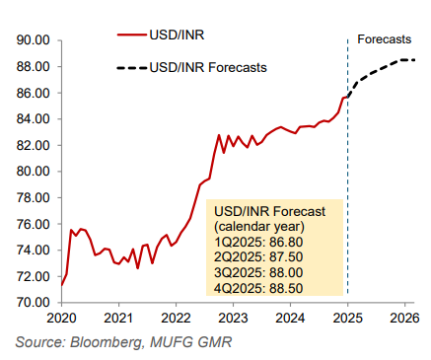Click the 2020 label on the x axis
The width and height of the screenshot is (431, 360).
(x=61, y=319)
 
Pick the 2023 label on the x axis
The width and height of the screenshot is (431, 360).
(x=233, y=319)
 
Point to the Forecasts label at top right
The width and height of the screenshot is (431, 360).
(x=385, y=39)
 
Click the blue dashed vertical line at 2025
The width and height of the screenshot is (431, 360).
(x=347, y=197)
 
